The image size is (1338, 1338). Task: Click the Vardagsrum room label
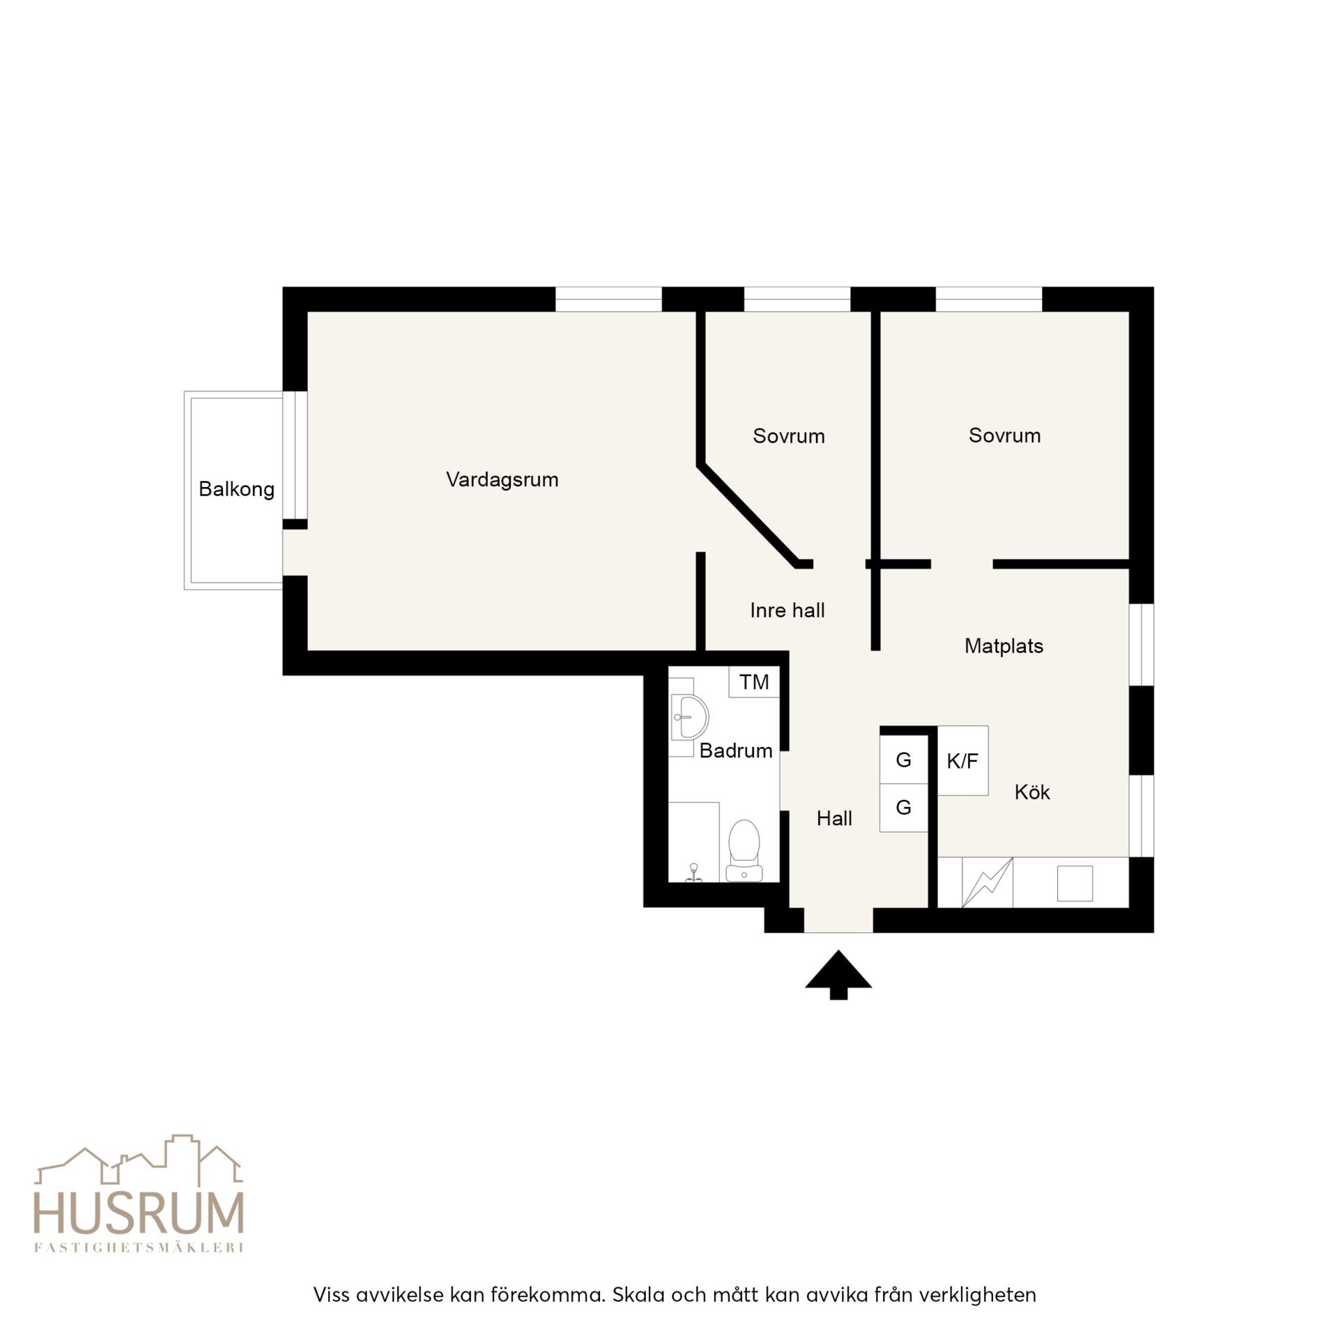click(502, 479)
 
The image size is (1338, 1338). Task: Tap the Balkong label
click(236, 489)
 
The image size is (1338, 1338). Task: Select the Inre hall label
click(787, 610)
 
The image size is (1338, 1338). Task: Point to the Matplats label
click(1003, 646)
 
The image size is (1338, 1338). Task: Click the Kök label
click(1032, 792)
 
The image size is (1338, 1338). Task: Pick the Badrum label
click(736, 751)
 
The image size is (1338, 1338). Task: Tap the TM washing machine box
click(754, 682)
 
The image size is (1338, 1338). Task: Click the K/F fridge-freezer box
click(962, 760)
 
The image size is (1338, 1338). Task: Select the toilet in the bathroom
click(744, 850)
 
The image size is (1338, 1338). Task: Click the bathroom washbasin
click(689, 716)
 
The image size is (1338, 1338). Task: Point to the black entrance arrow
click(838, 974)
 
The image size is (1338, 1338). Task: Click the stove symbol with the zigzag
click(987, 883)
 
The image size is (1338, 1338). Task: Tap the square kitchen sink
click(1075, 883)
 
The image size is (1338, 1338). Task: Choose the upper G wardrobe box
click(903, 760)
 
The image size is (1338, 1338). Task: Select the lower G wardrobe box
click(903, 808)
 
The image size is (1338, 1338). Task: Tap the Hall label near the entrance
click(834, 818)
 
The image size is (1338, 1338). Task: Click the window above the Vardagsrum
click(608, 299)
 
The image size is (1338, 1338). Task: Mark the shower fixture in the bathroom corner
click(693, 872)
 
